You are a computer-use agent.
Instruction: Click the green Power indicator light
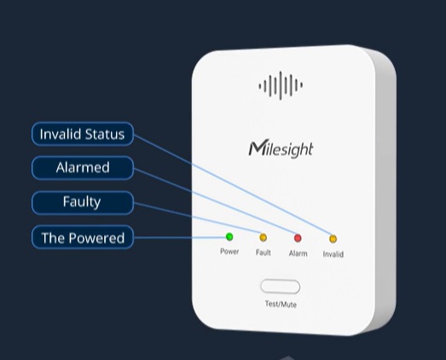pyautogui.click(x=229, y=236)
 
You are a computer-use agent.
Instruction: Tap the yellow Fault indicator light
pyautogui.click(x=264, y=237)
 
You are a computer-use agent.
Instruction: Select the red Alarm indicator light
pyautogui.click(x=298, y=238)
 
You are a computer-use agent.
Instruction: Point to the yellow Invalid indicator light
pyautogui.click(x=333, y=239)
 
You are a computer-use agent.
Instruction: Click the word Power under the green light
pyautogui.click(x=229, y=252)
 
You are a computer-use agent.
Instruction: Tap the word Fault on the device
pyautogui.click(x=264, y=253)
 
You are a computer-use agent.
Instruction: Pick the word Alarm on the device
pyautogui.click(x=298, y=253)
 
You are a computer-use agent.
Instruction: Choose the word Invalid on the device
pyautogui.click(x=333, y=254)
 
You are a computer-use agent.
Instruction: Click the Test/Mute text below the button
pyautogui.click(x=281, y=305)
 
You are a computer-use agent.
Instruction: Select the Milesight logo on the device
pyautogui.click(x=281, y=148)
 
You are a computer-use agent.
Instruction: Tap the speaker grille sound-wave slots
pyautogui.click(x=281, y=85)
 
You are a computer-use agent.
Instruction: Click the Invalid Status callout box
pyautogui.click(x=83, y=134)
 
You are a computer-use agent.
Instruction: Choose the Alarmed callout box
pyautogui.click(x=83, y=167)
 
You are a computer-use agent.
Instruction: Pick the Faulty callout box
pyautogui.click(x=83, y=203)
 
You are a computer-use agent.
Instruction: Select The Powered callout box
pyautogui.click(x=83, y=237)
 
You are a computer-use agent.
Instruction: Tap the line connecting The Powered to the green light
pyautogui.click(x=179, y=237)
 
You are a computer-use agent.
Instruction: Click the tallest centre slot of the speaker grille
pyautogui.click(x=281, y=85)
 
